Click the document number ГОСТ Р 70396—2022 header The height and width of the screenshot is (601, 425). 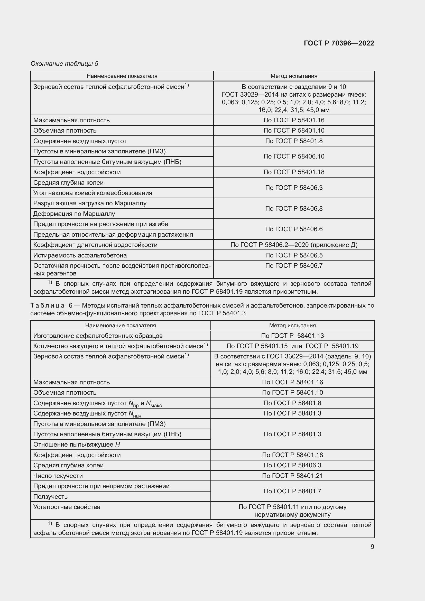pos(339,43)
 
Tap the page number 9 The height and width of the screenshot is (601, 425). pos(372,547)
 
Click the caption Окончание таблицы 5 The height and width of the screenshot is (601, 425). pos(64,64)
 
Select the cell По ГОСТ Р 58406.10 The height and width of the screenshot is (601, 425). pos(294,156)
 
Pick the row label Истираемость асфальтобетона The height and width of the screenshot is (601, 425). pos(80,255)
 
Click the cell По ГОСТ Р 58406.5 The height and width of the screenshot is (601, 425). pos(294,255)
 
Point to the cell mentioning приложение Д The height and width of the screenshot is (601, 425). pos(294,245)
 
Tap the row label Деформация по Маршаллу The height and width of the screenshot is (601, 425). pos(74,214)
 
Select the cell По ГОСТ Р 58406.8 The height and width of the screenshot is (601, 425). pos(294,208)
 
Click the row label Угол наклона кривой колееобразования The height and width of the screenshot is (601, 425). pos(93,193)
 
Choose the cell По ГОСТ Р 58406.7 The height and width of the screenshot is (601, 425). pos(294,265)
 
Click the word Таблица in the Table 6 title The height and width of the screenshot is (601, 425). pos(47,306)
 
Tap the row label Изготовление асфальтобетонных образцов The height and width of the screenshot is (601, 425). pos(98,336)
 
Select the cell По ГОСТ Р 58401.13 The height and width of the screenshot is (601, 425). pos(292,336)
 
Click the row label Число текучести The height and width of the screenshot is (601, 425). pos(58,476)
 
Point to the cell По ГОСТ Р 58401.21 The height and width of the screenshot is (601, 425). pos(292,476)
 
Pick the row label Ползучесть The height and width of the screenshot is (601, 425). pos(50,497)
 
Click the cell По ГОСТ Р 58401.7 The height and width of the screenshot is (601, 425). pos(292,491)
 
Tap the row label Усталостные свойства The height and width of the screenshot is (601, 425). pos(67,507)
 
